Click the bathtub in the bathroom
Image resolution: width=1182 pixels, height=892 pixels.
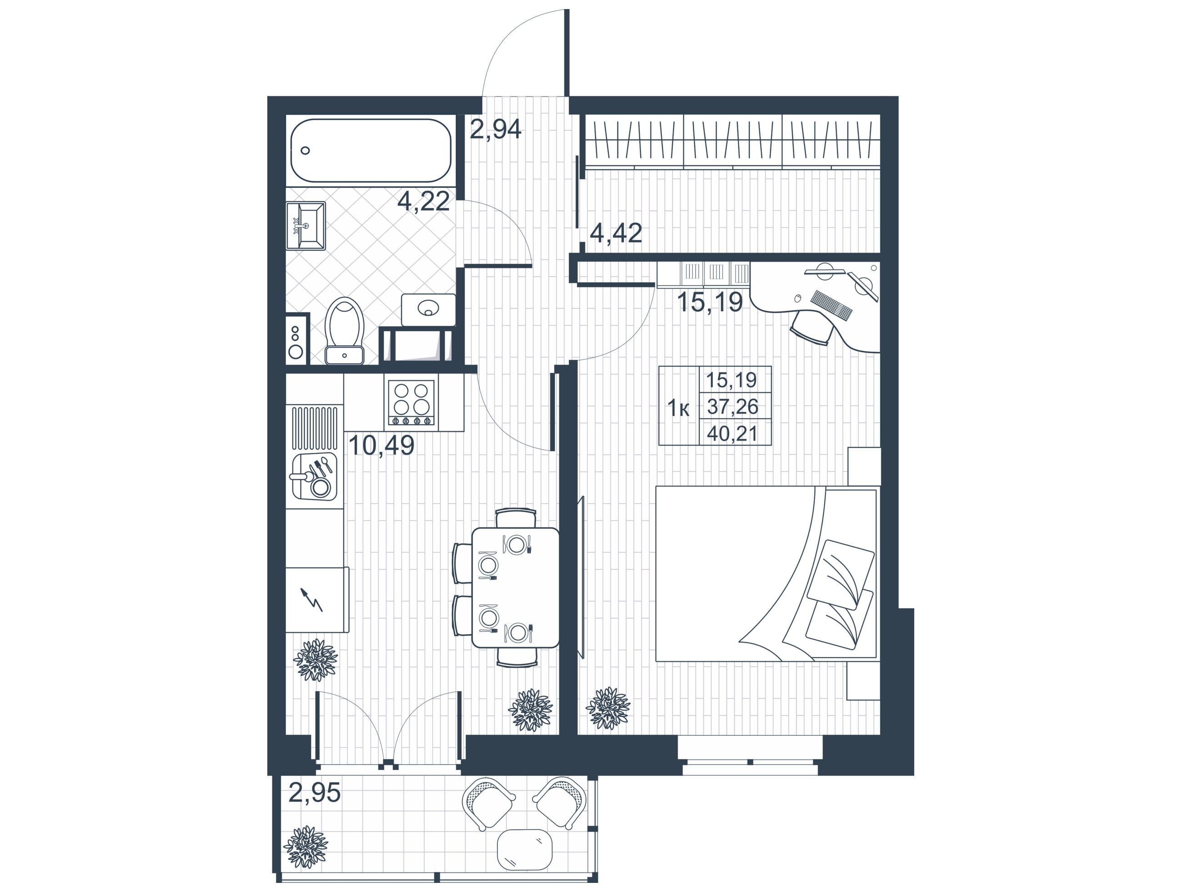coord(371,150)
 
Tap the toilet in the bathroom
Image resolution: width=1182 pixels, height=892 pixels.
coord(345,330)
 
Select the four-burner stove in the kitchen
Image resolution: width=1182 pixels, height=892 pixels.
coord(411,402)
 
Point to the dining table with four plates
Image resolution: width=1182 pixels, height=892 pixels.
coord(516,588)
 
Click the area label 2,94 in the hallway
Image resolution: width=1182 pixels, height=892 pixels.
coord(496,129)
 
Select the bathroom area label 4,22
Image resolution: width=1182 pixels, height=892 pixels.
coord(423,202)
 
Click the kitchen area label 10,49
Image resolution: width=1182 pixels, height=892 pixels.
coord(381,445)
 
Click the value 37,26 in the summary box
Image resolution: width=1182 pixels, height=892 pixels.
coord(732,407)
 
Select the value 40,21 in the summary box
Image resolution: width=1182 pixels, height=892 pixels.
coord(732,434)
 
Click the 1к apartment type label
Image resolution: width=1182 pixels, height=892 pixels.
coord(679,409)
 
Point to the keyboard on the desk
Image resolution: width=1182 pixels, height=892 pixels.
coord(831,305)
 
